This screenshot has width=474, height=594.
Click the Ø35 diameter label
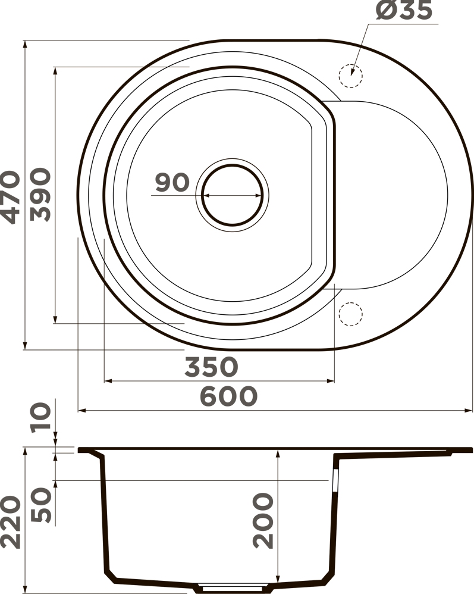coord(404,10)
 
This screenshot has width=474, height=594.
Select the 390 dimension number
coord(40,195)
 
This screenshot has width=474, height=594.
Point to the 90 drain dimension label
coord(172,182)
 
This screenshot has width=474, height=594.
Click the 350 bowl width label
coord(212,367)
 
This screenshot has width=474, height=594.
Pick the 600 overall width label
coord(228,396)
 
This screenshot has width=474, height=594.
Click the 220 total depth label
coord(11,523)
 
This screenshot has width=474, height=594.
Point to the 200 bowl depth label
coord(263,521)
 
